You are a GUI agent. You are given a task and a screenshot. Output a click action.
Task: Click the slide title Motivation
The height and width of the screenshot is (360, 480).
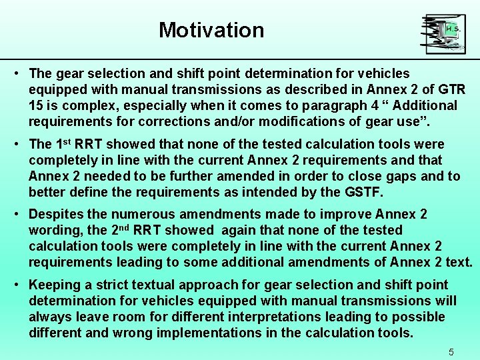pos(211,30)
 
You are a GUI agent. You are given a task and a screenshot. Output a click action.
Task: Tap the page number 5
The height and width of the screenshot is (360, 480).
pos(451,351)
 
